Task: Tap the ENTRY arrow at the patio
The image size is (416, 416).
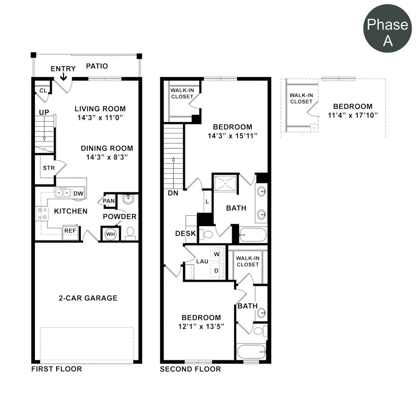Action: pyautogui.click(x=64, y=76)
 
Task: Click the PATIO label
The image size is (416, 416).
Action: pyautogui.click(x=97, y=66)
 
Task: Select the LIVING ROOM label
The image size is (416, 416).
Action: pyautogui.click(x=100, y=108)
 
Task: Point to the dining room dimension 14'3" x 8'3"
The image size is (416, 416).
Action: pyautogui.click(x=107, y=158)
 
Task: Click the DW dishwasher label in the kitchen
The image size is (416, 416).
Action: pyautogui.click(x=78, y=193)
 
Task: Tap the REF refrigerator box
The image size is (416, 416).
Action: pyautogui.click(x=70, y=230)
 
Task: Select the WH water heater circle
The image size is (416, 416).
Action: pyautogui.click(x=110, y=234)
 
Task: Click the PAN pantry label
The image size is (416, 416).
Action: pyautogui.click(x=109, y=201)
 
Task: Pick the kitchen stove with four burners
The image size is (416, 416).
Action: pyautogui.click(x=41, y=213)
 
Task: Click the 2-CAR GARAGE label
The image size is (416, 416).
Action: pyautogui.click(x=88, y=298)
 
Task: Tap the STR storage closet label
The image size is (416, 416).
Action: pyautogui.click(x=48, y=168)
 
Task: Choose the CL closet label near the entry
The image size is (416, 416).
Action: pyautogui.click(x=43, y=90)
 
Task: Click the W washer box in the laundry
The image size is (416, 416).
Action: pyautogui.click(x=216, y=254)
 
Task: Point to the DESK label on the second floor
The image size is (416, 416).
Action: pyautogui.click(x=186, y=233)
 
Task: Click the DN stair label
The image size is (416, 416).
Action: pyautogui.click(x=172, y=193)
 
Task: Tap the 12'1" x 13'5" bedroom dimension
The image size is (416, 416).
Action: pyautogui.click(x=201, y=326)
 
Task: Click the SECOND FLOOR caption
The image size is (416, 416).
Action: pyautogui.click(x=190, y=369)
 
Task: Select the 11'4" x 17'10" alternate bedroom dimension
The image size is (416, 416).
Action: pyautogui.click(x=352, y=115)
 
